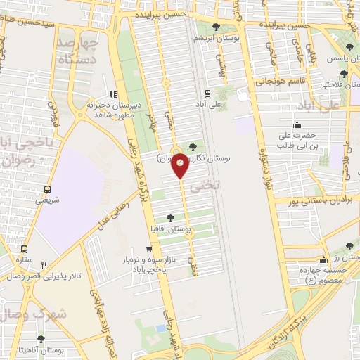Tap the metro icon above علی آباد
pyautogui.click(x=207, y=93)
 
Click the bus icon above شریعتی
pyautogui.click(x=47, y=189)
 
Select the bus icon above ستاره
pyautogui.click(x=25, y=249)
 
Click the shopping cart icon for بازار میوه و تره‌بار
pyautogui.click(x=148, y=249)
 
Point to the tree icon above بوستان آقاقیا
pyautogui.click(x=171, y=217)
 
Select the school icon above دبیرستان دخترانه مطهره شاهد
pyautogui.click(x=113, y=94)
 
